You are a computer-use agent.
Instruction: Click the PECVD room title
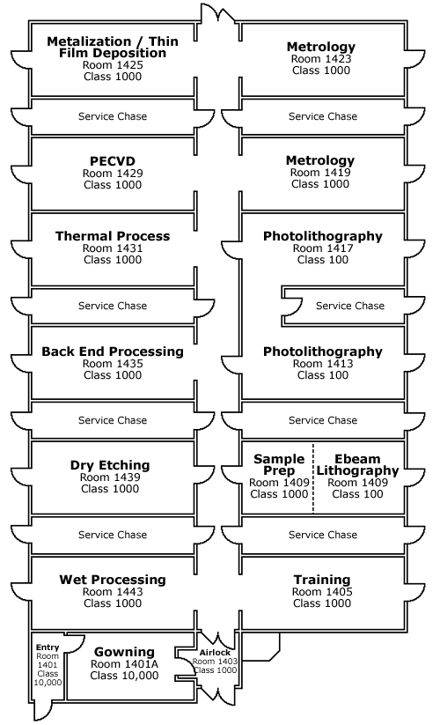point(113,161)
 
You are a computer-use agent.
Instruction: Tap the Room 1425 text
point(113,65)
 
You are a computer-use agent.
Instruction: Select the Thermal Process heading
point(113,236)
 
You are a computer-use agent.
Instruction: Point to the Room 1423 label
point(321,59)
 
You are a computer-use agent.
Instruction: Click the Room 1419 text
point(320,173)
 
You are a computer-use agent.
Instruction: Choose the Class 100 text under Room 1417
point(323,260)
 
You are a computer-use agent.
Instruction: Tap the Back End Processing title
point(113,351)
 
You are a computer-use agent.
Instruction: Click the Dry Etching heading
point(110,464)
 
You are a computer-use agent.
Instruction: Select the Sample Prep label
point(279,464)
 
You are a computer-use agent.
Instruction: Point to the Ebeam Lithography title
point(358,464)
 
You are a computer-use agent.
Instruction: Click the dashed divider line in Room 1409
point(313,477)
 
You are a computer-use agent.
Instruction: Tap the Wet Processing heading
point(113,580)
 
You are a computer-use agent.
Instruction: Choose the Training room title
point(322,580)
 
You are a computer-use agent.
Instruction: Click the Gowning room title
point(124,652)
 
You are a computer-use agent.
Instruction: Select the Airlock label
point(215,653)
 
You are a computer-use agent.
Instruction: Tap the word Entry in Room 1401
point(48,647)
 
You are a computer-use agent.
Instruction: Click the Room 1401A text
point(124,664)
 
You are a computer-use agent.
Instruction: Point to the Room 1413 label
point(323,364)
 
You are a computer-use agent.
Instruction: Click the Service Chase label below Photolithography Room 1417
point(350,306)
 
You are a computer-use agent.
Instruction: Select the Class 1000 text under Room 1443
point(113,603)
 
